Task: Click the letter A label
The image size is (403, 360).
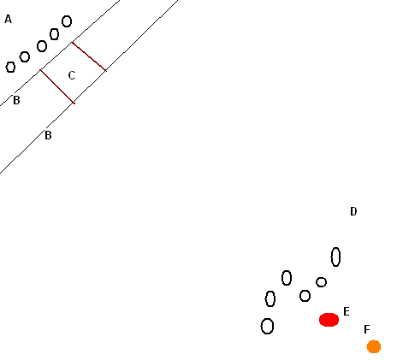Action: (9, 20)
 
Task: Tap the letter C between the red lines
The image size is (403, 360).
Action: (72, 75)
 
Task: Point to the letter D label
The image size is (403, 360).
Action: (353, 211)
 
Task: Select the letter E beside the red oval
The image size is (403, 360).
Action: (347, 311)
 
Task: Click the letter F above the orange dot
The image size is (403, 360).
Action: (367, 329)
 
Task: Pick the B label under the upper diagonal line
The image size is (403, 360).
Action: (16, 100)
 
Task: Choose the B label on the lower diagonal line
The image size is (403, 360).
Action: (48, 135)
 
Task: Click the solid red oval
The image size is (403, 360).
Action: (329, 320)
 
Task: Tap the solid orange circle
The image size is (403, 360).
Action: (374, 346)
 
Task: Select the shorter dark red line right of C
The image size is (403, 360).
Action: (89, 56)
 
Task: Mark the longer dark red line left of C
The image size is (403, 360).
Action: (57, 86)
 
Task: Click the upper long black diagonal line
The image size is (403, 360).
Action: (59, 53)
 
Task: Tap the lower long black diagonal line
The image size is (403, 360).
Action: (89, 86)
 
